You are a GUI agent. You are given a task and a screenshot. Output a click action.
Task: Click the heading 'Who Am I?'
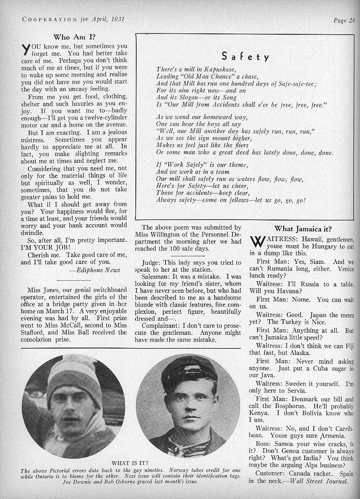[x=75, y=37]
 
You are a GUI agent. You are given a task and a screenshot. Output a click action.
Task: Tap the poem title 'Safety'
[x=245, y=57]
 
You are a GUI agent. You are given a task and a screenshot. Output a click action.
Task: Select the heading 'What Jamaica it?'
[x=302, y=229]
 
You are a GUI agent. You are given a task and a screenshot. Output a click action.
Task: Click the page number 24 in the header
[x=351, y=20]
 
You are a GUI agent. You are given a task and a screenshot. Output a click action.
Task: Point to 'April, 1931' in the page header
[x=109, y=20]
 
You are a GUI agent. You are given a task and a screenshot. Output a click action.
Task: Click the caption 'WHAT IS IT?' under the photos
[x=130, y=462]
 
